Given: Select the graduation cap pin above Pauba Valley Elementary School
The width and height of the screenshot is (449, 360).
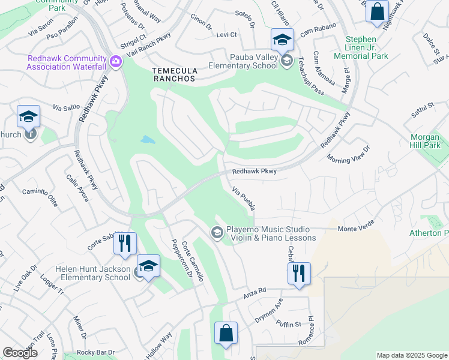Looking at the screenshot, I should coord(282,40).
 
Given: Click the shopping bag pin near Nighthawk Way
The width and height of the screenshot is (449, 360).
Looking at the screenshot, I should coord(377,11).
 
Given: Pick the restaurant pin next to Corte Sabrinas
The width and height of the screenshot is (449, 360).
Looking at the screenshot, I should coord(125,243).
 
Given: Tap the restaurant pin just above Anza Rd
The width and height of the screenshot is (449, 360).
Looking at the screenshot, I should coord(298,274).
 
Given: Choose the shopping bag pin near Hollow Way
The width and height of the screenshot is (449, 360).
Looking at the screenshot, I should coord(226,334).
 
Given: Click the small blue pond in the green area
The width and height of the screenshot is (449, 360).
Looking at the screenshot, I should coord(147,140).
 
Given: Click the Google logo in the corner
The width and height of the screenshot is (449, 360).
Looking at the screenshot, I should coord(20,353).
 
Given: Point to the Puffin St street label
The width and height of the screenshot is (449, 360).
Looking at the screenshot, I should coord(289,325).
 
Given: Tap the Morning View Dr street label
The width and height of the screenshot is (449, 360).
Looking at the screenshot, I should coord(349,154).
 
